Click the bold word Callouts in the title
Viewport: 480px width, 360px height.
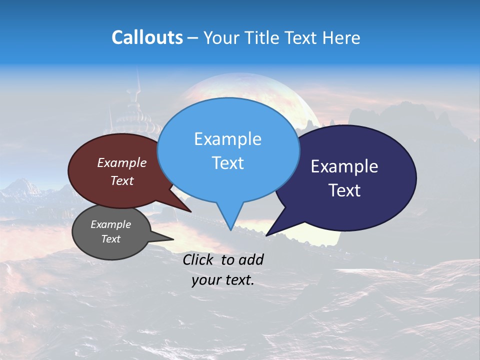(147, 37)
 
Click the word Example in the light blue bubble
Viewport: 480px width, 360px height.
(227, 139)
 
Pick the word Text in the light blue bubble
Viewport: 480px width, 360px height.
(227, 163)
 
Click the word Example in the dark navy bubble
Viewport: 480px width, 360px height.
(344, 166)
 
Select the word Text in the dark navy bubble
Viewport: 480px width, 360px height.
(344, 190)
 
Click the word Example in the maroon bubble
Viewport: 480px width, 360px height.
(122, 162)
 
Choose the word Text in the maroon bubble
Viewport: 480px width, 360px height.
(122, 180)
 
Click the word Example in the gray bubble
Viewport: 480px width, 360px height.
(110, 224)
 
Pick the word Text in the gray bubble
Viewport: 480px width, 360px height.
(110, 239)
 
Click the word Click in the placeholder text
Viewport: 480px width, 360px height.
(198, 259)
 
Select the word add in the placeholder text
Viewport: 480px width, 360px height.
(251, 259)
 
